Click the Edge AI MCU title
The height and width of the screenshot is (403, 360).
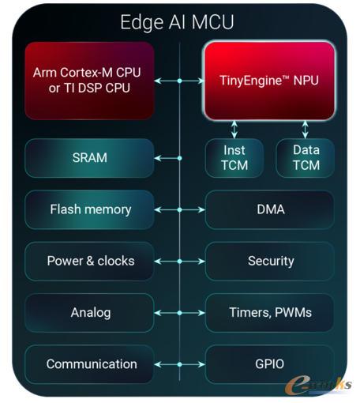[x=177, y=22]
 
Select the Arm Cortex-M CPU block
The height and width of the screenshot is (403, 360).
[x=89, y=81]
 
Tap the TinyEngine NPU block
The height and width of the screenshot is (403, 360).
[x=269, y=81]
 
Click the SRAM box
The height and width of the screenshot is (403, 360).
[x=89, y=158]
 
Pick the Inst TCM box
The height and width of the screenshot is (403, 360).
[x=234, y=158]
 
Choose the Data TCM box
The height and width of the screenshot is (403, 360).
[x=306, y=158]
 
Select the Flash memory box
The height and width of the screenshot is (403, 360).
[x=89, y=209]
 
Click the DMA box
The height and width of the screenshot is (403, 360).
[x=270, y=209]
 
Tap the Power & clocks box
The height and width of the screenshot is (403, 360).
[x=89, y=262]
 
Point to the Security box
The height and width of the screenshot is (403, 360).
[x=270, y=262]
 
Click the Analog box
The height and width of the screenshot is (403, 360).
[x=89, y=313]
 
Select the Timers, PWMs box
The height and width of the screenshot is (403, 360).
[x=270, y=313]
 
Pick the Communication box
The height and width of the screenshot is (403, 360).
[x=89, y=364]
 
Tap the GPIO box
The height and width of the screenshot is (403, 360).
[x=270, y=364]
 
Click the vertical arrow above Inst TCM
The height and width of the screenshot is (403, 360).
[x=234, y=130]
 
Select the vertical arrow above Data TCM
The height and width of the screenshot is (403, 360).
[x=306, y=130]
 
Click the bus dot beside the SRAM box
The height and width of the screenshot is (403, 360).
[x=180, y=158]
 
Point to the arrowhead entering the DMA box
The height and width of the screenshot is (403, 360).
[x=202, y=210]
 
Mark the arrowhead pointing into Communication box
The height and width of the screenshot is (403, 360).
[x=157, y=364]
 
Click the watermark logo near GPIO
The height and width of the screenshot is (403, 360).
[x=318, y=385]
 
